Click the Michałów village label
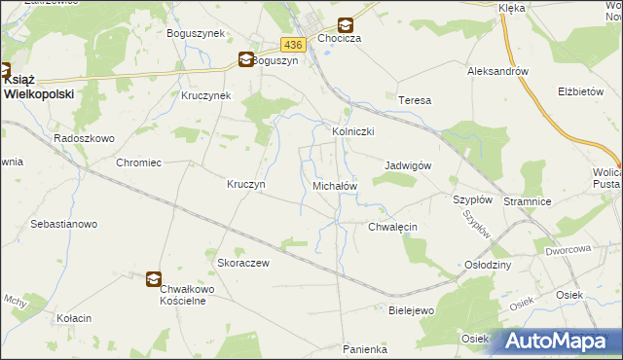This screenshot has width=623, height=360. click(x=334, y=185)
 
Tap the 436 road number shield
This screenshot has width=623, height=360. click(x=295, y=45)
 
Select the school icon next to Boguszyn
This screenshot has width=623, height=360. click(x=246, y=59)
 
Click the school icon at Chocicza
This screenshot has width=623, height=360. click(x=345, y=27)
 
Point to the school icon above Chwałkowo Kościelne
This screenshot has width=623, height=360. click(x=155, y=279)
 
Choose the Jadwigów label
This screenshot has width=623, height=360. click(x=408, y=165)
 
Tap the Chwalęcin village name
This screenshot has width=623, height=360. click(x=392, y=227)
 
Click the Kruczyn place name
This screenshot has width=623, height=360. click(x=246, y=184)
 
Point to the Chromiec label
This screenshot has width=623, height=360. click(x=137, y=163)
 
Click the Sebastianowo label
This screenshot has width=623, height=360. click(x=64, y=224)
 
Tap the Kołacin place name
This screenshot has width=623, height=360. click(x=73, y=318)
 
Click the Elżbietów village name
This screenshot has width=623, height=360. click(x=581, y=91)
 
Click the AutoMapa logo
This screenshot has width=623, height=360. click(x=561, y=342)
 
